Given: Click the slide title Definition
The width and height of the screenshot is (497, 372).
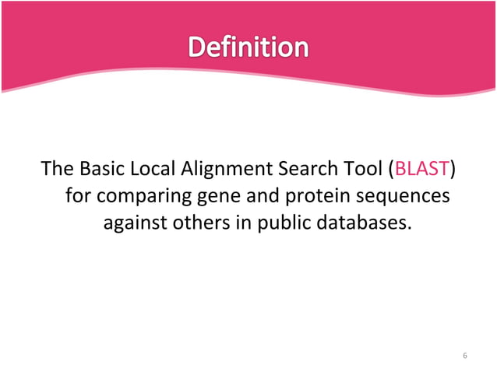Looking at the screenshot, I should click(x=248, y=48).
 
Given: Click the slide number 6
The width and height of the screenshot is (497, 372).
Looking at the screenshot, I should click(x=464, y=356).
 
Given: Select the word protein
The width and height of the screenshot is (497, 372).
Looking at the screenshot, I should click(x=302, y=196).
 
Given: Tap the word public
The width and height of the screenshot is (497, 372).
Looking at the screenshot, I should click(x=283, y=223).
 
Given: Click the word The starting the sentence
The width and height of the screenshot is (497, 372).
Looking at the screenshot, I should click(x=55, y=169).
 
